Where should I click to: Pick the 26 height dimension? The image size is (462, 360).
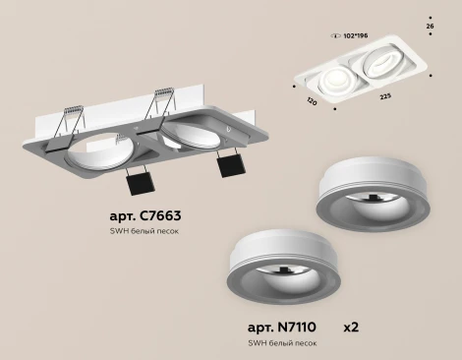pyautogui.click(x=430, y=26)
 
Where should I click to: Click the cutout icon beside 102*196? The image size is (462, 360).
pyautogui.click(x=326, y=35)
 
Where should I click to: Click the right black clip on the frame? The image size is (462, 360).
pyautogui.click(x=226, y=164)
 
